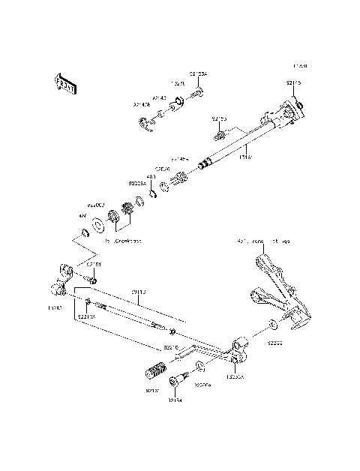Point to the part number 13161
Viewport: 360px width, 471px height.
244,157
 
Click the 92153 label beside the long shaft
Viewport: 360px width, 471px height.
219,118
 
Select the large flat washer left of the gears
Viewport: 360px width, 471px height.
97,223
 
